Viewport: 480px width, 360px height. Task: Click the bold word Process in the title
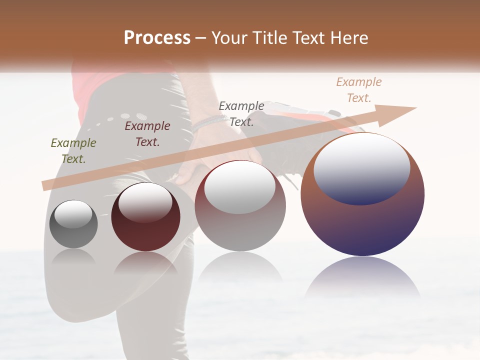click(x=157, y=38)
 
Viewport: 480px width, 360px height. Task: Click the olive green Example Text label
click(x=73, y=151)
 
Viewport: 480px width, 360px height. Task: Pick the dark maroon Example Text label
click(x=147, y=134)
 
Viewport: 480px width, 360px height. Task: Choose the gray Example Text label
click(x=241, y=113)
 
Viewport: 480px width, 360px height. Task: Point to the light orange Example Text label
click(x=359, y=90)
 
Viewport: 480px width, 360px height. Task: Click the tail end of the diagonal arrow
click(x=44, y=185)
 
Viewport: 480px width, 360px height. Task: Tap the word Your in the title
click(x=228, y=38)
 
